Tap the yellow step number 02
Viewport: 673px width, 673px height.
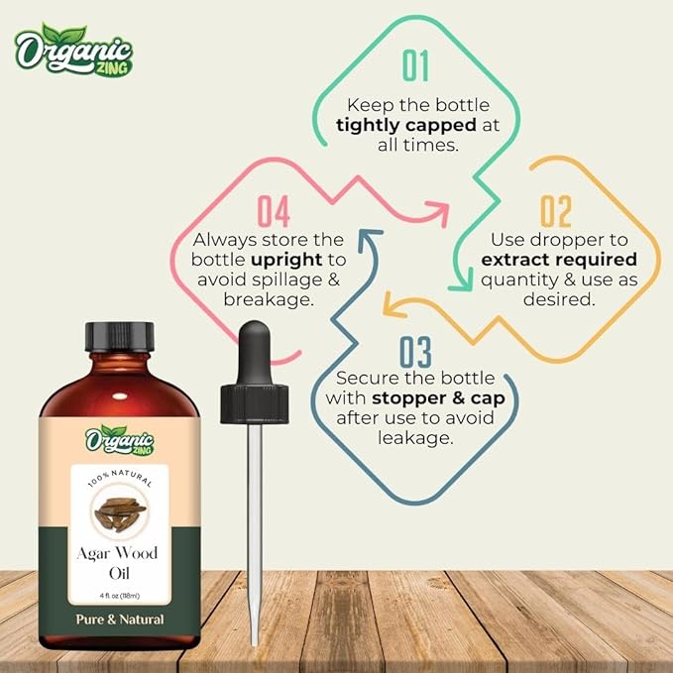556,212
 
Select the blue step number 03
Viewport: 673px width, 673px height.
415,352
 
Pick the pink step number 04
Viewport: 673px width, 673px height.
274,211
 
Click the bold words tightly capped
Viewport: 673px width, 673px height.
396,125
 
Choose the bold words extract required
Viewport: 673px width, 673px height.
558,259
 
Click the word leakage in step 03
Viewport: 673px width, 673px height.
414,437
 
